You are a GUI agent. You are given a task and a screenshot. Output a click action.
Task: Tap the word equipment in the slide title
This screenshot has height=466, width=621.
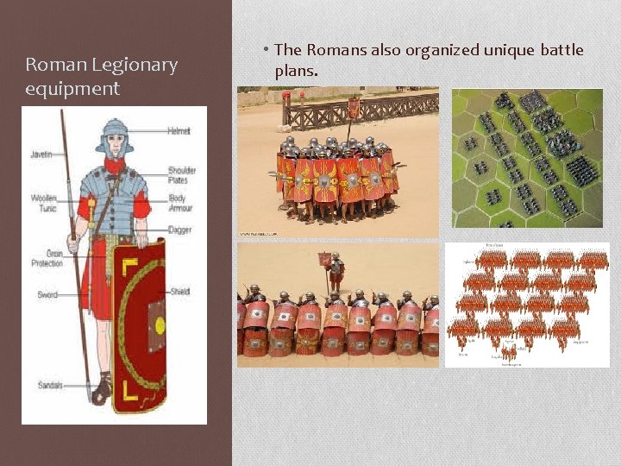click(x=72, y=89)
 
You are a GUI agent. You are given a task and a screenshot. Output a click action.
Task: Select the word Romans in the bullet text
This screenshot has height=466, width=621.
click(x=336, y=50)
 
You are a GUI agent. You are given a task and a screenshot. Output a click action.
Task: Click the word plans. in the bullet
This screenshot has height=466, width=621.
click(x=297, y=70)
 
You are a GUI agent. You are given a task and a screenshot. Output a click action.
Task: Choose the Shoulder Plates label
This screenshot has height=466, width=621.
click(x=182, y=175)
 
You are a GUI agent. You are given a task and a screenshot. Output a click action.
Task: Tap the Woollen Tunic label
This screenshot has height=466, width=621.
click(x=44, y=203)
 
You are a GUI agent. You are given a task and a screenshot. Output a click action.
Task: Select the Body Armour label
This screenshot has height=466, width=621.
click(x=182, y=203)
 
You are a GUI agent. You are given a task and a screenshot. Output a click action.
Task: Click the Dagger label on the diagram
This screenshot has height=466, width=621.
click(x=180, y=230)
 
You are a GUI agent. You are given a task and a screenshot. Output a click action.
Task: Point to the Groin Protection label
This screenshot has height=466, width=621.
click(x=47, y=258)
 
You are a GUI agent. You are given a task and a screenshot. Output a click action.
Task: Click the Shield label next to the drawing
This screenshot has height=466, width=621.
click(x=180, y=291)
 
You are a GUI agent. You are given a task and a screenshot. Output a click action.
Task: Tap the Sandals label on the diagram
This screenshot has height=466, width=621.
click(x=50, y=385)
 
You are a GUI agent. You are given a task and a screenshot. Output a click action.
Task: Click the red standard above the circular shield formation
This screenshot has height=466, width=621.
click(x=354, y=108)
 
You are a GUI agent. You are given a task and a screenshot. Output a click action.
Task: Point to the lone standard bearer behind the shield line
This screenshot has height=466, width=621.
click(x=335, y=273)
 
